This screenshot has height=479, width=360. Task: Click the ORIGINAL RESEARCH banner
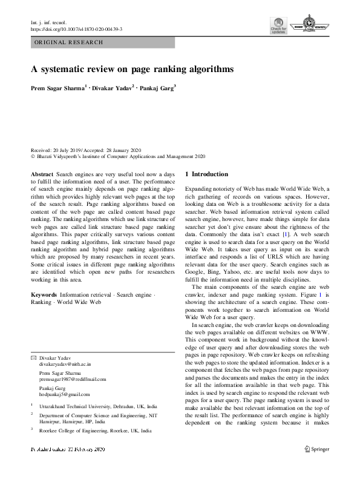coord(69,42)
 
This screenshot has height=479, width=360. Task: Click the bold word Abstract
coord(42,173)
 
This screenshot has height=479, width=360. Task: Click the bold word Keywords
coord(44,294)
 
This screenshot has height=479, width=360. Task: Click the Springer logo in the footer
coord(316,466)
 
